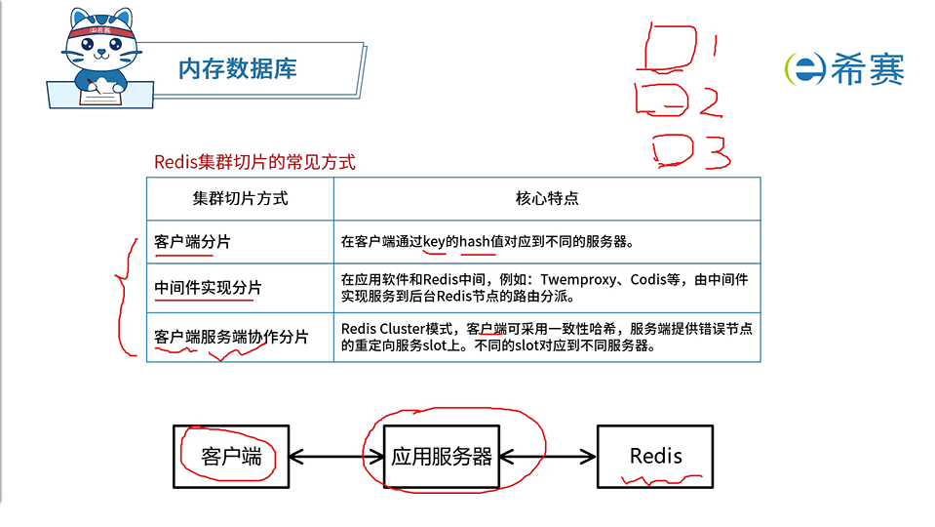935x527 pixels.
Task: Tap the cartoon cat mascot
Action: [97, 59]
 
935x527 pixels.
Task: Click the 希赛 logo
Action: [844, 68]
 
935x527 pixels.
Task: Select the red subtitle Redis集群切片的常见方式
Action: [254, 162]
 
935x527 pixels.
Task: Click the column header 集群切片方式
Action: [240, 198]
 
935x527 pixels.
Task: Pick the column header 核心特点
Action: [547, 198]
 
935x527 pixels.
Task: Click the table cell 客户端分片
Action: [193, 241]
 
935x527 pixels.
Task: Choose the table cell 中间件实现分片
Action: [209, 288]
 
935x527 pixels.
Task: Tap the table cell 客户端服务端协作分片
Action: [231, 337]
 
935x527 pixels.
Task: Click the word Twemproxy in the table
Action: [575, 279]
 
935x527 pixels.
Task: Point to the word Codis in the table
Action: [647, 279]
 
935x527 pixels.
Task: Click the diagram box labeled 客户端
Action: [231, 456]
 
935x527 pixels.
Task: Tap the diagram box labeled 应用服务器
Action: [441, 456]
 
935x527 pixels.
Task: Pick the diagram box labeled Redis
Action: [655, 456]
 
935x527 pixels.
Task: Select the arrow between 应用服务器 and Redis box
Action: [548, 456]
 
